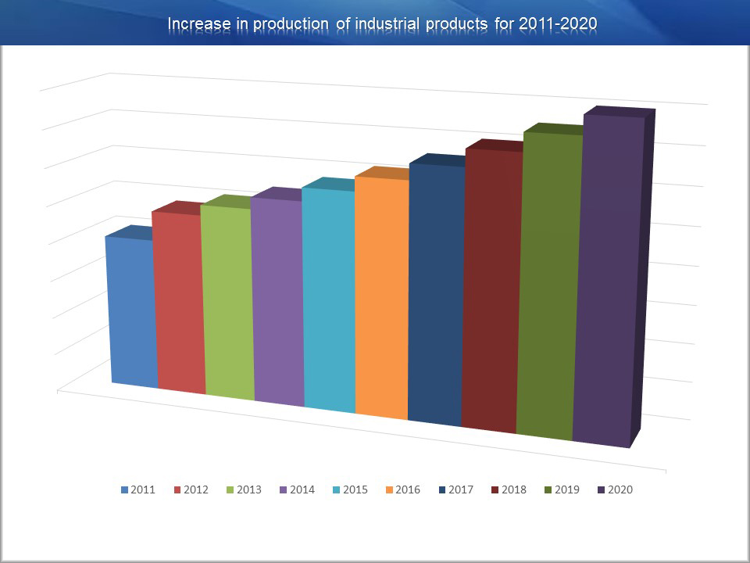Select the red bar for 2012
click(179, 303)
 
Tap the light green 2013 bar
click(227, 303)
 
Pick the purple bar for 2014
click(278, 302)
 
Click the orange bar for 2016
click(382, 298)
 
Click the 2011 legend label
click(143, 489)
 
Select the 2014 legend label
click(302, 489)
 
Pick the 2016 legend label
click(408, 489)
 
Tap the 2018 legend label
click(514, 489)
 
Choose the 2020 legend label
click(620, 489)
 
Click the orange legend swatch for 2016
click(389, 490)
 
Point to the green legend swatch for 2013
click(230, 490)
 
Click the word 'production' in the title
click(291, 24)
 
